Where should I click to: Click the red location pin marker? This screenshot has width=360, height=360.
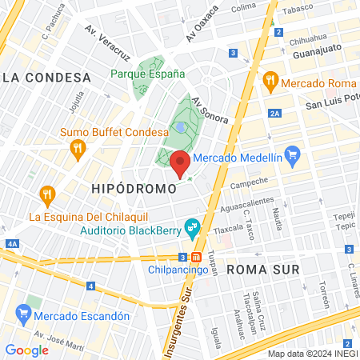[x=180, y=163]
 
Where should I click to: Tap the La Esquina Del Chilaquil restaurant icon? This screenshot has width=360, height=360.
[x=47, y=194]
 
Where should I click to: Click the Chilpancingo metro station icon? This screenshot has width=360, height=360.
[x=196, y=257]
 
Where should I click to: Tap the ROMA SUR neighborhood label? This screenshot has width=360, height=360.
[x=263, y=270]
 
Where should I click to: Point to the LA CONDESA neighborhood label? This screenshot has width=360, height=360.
[x=46, y=78]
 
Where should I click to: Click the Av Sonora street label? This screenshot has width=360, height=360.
[x=210, y=111]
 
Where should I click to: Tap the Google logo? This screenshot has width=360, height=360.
[x=26, y=350]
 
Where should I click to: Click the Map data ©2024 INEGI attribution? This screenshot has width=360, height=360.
[x=312, y=354]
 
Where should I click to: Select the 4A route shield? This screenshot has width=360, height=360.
[x=10, y=244]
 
